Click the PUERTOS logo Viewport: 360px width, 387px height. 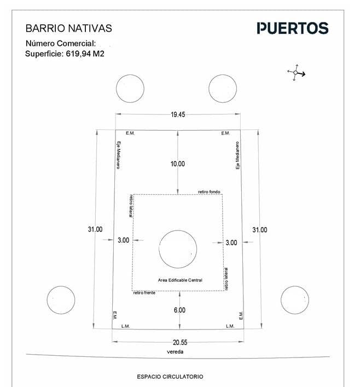point(293,28)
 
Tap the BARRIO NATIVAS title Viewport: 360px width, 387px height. point(69,28)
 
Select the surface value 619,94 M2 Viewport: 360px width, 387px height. point(85,54)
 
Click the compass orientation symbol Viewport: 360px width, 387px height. point(296,73)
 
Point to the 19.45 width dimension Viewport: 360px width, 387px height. point(178,114)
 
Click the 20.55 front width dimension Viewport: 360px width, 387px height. point(180,342)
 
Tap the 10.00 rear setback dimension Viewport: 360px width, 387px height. point(178,164)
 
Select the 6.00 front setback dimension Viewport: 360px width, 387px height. point(179,310)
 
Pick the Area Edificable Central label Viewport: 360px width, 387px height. point(180,280)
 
